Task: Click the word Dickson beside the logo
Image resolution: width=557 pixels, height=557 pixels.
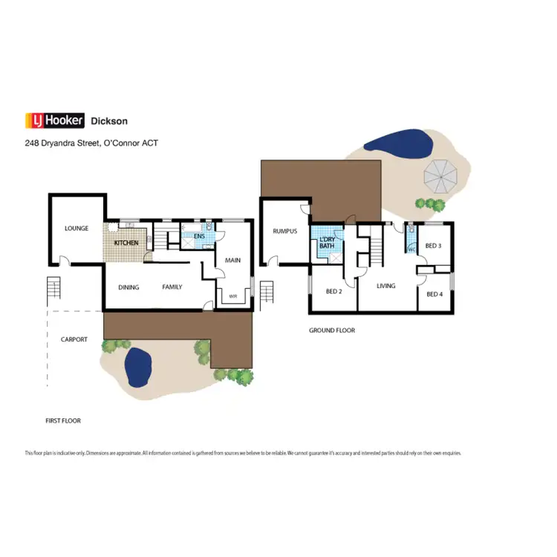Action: pos(108,120)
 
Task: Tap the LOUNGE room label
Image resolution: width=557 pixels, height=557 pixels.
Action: pos(76,229)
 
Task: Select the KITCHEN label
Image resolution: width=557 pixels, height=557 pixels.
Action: pos(126,243)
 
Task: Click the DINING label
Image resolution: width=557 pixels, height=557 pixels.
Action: pos(128,287)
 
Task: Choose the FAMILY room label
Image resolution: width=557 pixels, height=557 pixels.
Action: pos(172,287)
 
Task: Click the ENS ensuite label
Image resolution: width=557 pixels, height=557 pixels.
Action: pos(199,237)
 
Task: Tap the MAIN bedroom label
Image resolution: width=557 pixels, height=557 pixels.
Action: pos(232,261)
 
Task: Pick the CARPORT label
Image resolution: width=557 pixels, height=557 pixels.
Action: pos(74,339)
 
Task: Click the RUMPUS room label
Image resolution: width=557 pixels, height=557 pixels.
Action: pos(284,231)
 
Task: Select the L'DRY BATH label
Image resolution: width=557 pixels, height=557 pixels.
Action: pos(327,242)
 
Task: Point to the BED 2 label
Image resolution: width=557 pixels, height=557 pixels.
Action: pos(333,291)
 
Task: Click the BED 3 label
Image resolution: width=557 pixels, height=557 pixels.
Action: pos(433,246)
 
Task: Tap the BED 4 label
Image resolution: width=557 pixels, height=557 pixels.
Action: pos(434,295)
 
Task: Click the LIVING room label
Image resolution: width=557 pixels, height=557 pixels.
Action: pos(385,286)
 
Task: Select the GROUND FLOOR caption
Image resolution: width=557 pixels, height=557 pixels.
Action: pos(332,330)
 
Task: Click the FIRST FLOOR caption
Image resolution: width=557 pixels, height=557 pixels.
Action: pos(63,420)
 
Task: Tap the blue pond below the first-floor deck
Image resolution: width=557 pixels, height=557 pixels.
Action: pos(138,368)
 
